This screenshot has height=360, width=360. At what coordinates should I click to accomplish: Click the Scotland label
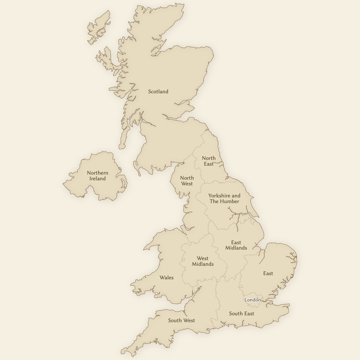click(158, 91)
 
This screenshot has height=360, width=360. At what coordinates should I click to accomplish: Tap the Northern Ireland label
click(97, 176)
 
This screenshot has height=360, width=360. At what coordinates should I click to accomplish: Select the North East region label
click(208, 161)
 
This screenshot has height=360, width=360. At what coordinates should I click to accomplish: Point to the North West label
click(187, 181)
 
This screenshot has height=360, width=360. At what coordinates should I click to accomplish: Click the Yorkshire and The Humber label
click(224, 198)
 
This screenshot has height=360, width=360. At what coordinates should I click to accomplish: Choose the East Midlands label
click(236, 245)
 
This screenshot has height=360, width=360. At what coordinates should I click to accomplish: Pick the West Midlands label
click(202, 261)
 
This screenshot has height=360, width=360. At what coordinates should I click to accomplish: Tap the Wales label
click(166, 277)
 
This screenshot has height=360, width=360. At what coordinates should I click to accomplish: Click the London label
click(252, 300)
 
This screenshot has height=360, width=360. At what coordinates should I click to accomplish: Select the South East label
click(241, 313)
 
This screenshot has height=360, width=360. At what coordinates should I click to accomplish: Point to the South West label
click(181, 320)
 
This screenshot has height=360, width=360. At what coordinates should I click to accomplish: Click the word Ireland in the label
click(97, 179)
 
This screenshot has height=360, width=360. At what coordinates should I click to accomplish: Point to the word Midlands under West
click(202, 264)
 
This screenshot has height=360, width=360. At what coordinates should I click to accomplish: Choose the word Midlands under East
click(236, 248)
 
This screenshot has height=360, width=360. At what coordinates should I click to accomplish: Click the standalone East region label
click(268, 273)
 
